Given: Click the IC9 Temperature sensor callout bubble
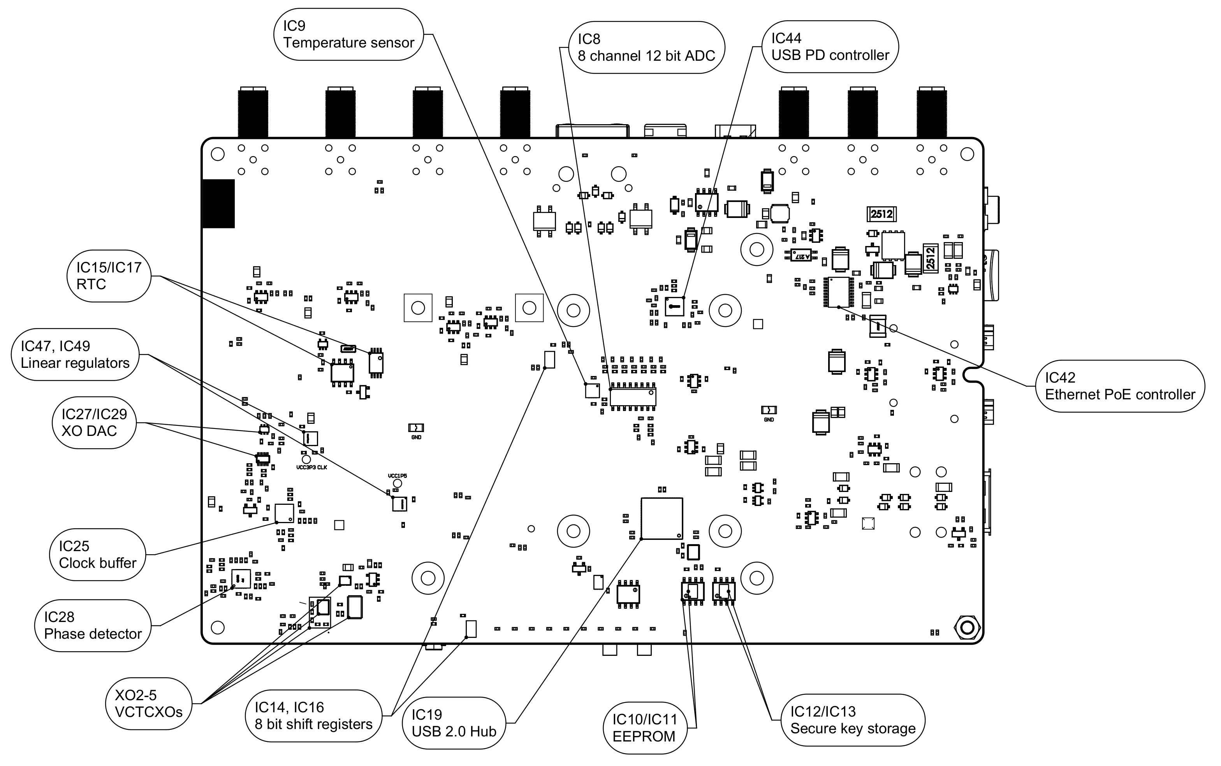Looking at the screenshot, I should tap(348, 35).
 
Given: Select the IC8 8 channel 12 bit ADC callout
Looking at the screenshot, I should tap(646, 47).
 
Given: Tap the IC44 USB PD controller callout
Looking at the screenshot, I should tap(830, 47).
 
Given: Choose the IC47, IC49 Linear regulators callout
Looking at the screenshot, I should tap(75, 355).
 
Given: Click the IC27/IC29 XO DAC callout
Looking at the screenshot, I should tap(94, 423).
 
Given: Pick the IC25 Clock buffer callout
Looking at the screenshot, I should tap(97, 555).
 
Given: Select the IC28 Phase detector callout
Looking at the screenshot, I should tap(93, 625).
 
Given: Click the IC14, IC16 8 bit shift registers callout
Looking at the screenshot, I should tap(313, 716).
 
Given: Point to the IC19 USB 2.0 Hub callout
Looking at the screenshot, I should tap(454, 723).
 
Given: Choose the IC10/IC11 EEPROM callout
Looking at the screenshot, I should tap(644, 728).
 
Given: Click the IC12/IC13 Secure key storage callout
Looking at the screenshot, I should tap(853, 720).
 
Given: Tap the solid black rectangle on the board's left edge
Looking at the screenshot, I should tap(218, 204).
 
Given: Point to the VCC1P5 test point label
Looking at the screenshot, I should tap(397, 476).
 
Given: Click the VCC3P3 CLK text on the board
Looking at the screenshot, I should tap(311, 467).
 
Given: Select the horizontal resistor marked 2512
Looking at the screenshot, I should tap(881, 214).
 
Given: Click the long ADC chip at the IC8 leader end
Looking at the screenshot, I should tap(633, 397).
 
